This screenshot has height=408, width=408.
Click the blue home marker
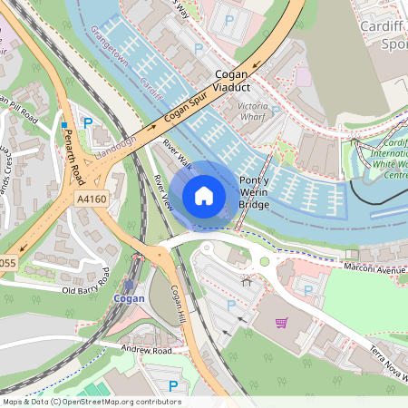(204, 196)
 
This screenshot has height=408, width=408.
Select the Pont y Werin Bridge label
(254, 193)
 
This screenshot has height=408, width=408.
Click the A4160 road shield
(91, 199)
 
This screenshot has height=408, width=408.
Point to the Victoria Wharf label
(253, 112)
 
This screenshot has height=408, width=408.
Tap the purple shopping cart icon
(282, 323)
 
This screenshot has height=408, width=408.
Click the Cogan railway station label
(129, 298)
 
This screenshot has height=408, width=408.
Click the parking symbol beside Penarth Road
(88, 122)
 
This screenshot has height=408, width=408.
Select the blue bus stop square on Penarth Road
(65, 125)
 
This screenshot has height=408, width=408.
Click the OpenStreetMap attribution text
(91, 402)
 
